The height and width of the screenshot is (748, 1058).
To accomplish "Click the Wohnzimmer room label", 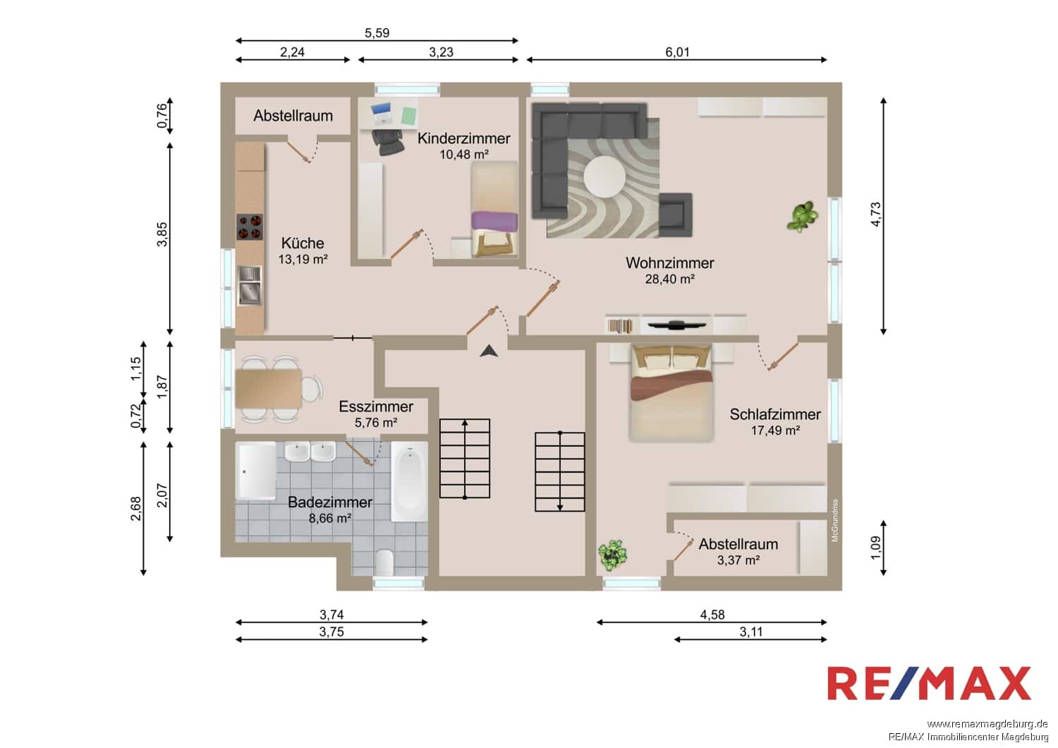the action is (670, 263).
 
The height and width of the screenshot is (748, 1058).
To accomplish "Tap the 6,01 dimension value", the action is (677, 52).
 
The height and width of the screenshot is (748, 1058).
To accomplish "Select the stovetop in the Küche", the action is (250, 227).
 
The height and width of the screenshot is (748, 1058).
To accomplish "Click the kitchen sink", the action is (250, 285).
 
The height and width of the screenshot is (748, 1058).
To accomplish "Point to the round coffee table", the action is (604, 176).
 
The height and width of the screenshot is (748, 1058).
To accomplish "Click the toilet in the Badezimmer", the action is (385, 562).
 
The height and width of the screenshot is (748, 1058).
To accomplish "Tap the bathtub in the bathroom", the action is (410, 481).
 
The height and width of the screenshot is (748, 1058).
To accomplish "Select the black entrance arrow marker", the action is (489, 351).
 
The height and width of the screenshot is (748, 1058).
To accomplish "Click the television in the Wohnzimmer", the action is (677, 325).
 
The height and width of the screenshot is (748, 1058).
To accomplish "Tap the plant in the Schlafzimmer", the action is (613, 555).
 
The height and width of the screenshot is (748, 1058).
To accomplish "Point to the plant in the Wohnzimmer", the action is (802, 217).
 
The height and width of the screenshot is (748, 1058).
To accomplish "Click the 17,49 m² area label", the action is (775, 430).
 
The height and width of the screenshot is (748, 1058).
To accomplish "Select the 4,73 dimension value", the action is (876, 214).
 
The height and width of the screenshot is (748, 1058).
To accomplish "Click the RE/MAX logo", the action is (929, 683).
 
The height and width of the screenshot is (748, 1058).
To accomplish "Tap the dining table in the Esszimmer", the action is (269, 388).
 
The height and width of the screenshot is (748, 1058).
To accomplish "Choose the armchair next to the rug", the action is (676, 215).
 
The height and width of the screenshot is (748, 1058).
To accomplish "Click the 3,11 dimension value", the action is (751, 632).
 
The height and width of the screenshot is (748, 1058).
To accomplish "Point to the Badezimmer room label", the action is (329, 502).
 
